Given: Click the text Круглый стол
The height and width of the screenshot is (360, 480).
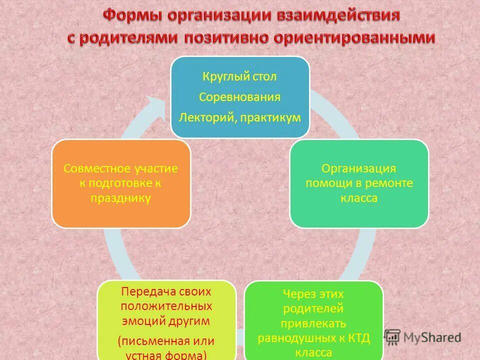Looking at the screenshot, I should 239,77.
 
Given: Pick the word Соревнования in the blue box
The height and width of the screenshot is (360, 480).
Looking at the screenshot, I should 239,97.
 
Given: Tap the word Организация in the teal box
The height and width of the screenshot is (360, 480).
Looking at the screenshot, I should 359,168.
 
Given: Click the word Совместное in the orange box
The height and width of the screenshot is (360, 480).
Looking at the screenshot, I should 95,168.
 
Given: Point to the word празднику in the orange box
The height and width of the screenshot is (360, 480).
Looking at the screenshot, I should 120,198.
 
